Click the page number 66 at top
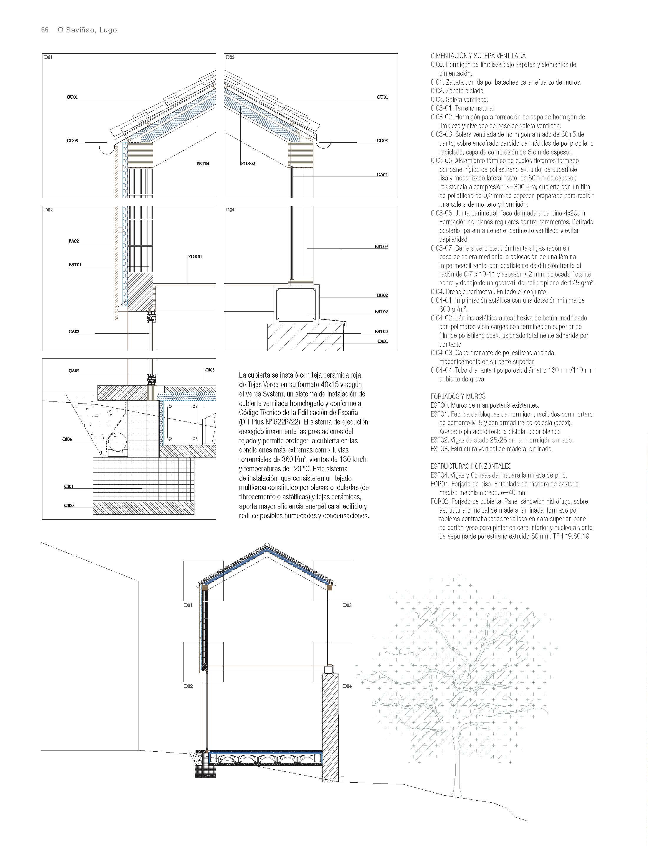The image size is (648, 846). coord(45,30)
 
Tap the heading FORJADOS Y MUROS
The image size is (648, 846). coord(458,396)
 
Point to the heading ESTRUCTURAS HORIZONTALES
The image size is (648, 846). coord(471,466)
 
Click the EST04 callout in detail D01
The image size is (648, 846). coord(203,164)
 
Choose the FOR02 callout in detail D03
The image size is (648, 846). coord(248,164)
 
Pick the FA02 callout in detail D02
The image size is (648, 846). coord(74,241)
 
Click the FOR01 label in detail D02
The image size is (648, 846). coord(195,257)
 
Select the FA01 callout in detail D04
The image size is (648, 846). coord(383,341)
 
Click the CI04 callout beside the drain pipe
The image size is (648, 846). coord(67,439)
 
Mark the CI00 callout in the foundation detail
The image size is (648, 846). coord(69,506)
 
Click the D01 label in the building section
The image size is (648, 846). coord(188,605)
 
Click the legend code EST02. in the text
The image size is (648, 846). coord(439,440)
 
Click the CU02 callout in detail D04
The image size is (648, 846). coord(382,296)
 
